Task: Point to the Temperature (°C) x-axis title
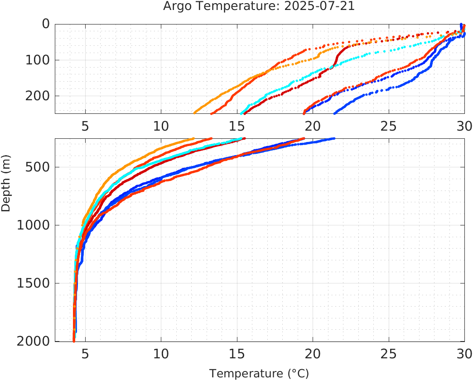[259, 374]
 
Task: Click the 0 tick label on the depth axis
[46, 24]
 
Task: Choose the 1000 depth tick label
[34, 225]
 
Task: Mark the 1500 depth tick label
[34, 283]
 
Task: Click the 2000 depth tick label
[34, 341]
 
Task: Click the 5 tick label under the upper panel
[85, 126]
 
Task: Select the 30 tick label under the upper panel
[463, 126]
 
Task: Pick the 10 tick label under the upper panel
[161, 126]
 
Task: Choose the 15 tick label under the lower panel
[236, 353]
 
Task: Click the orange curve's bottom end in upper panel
[194, 112]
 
